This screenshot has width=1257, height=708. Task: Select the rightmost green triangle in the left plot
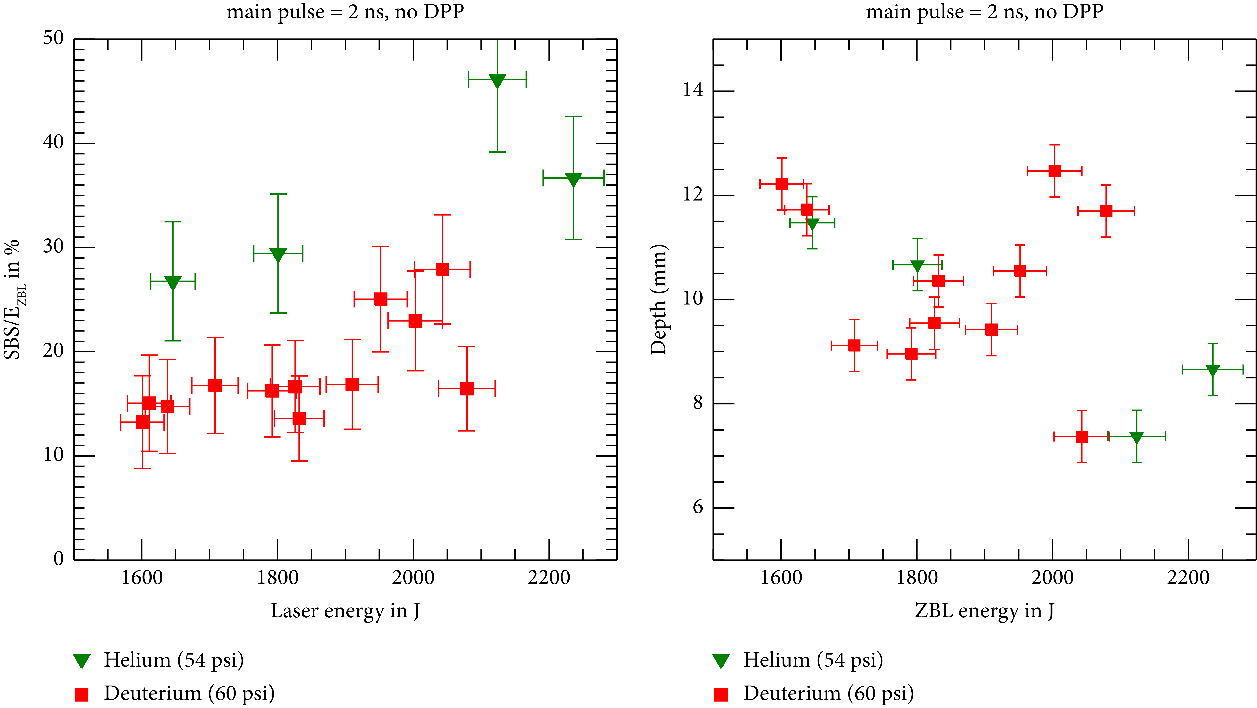click(573, 180)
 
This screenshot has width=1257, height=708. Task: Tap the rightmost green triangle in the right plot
click(1213, 371)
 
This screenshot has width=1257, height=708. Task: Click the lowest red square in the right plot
click(1082, 436)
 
